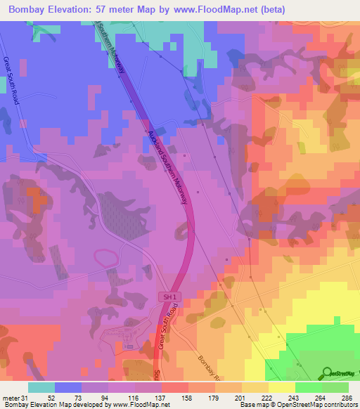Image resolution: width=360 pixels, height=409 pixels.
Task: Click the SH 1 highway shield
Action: pos(165,298)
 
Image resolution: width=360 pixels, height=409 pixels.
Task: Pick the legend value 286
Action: pos(347,398)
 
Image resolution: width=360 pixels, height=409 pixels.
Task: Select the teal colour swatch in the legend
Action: pos(41,387)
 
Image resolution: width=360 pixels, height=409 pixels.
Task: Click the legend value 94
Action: pos(105,398)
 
